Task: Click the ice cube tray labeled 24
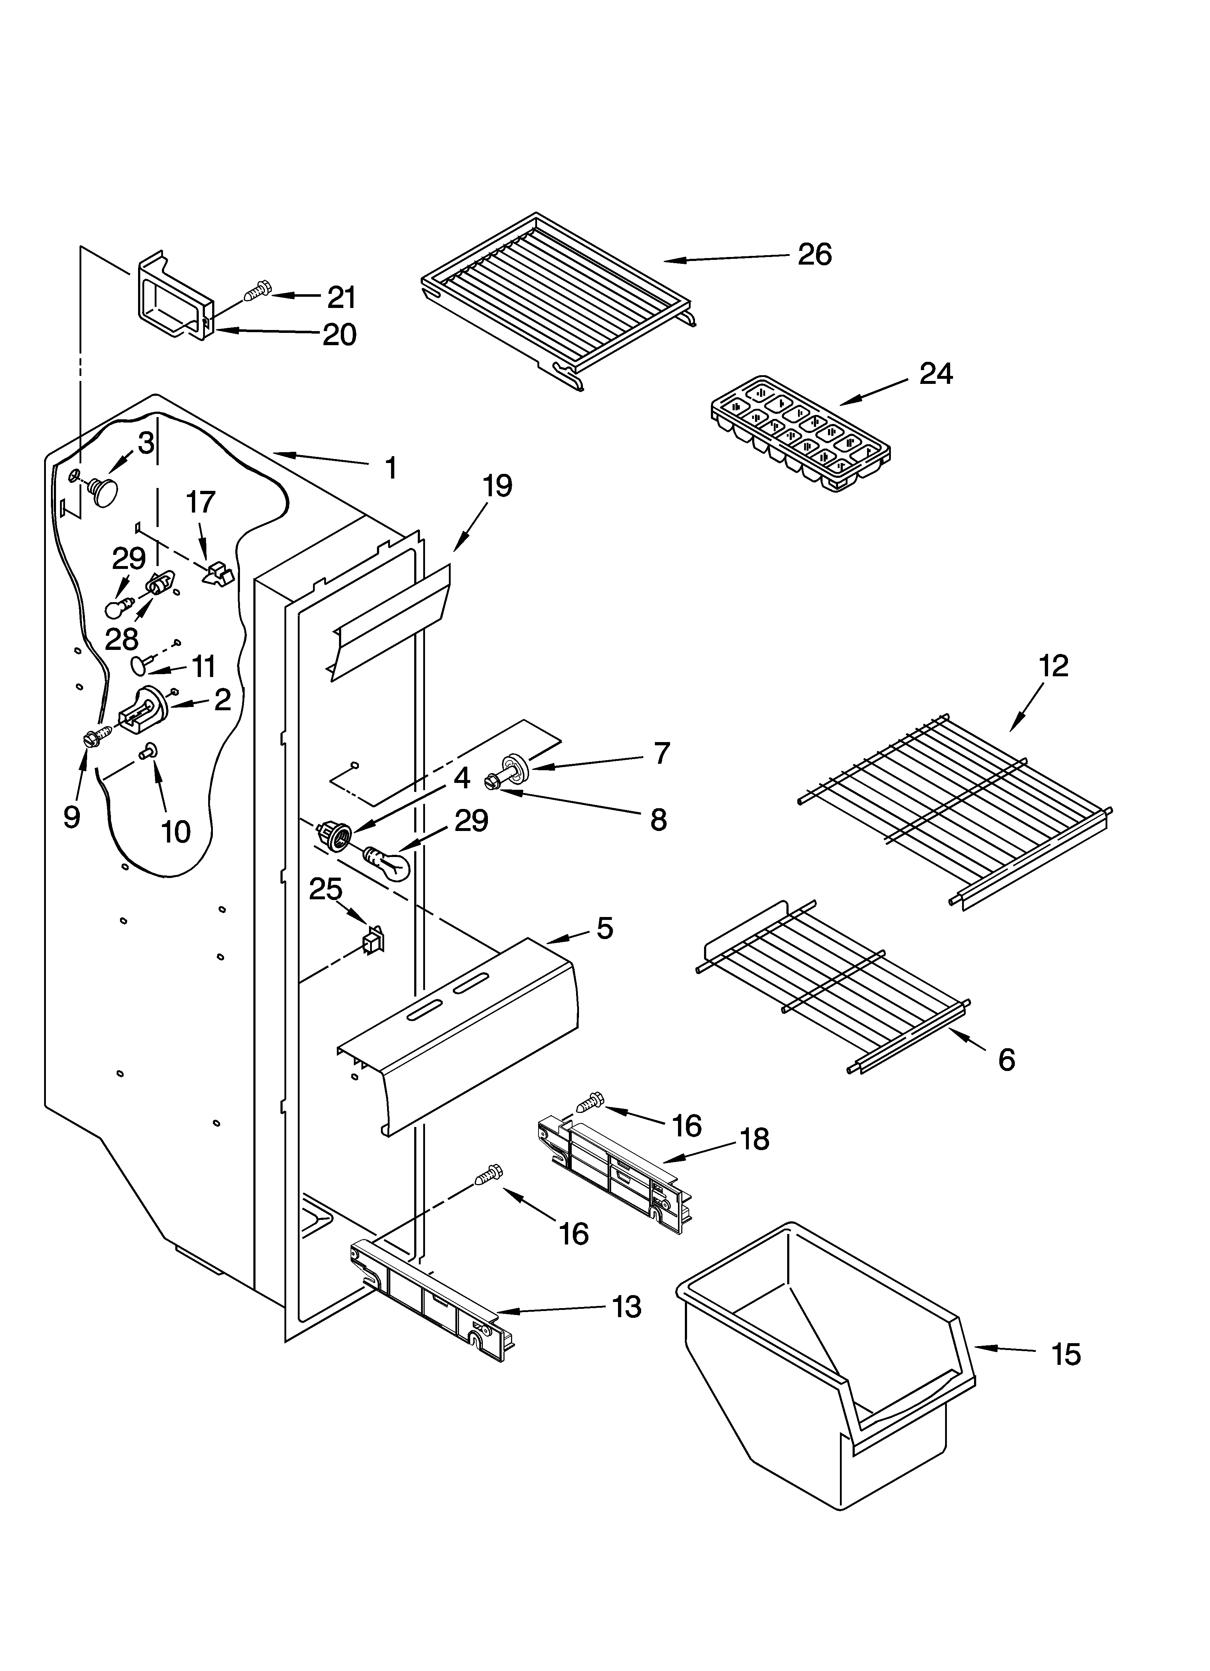(799, 433)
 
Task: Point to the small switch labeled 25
(374, 941)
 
